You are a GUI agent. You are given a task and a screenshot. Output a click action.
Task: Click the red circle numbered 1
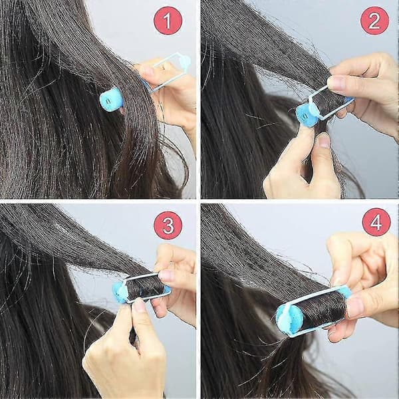[168, 21]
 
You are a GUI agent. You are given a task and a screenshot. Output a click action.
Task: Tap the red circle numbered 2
[374, 21]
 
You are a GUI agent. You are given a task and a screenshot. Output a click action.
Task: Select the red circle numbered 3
[168, 225]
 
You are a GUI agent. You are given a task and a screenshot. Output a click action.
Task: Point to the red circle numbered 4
[376, 222]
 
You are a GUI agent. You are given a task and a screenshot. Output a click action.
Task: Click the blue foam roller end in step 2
[307, 114]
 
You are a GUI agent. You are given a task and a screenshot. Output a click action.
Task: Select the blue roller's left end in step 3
[120, 292]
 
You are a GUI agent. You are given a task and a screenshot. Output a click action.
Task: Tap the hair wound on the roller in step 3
[144, 287]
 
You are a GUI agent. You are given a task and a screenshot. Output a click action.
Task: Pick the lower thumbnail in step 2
[324, 140]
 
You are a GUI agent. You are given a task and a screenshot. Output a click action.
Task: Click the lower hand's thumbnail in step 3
[139, 305]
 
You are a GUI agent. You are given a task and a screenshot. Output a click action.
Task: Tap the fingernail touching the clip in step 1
[148, 70]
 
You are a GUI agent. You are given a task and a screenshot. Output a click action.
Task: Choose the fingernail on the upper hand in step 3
[166, 275]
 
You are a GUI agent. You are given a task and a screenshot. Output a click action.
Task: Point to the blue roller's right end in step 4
[344, 293]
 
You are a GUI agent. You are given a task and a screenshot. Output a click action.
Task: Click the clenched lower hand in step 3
[125, 351]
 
